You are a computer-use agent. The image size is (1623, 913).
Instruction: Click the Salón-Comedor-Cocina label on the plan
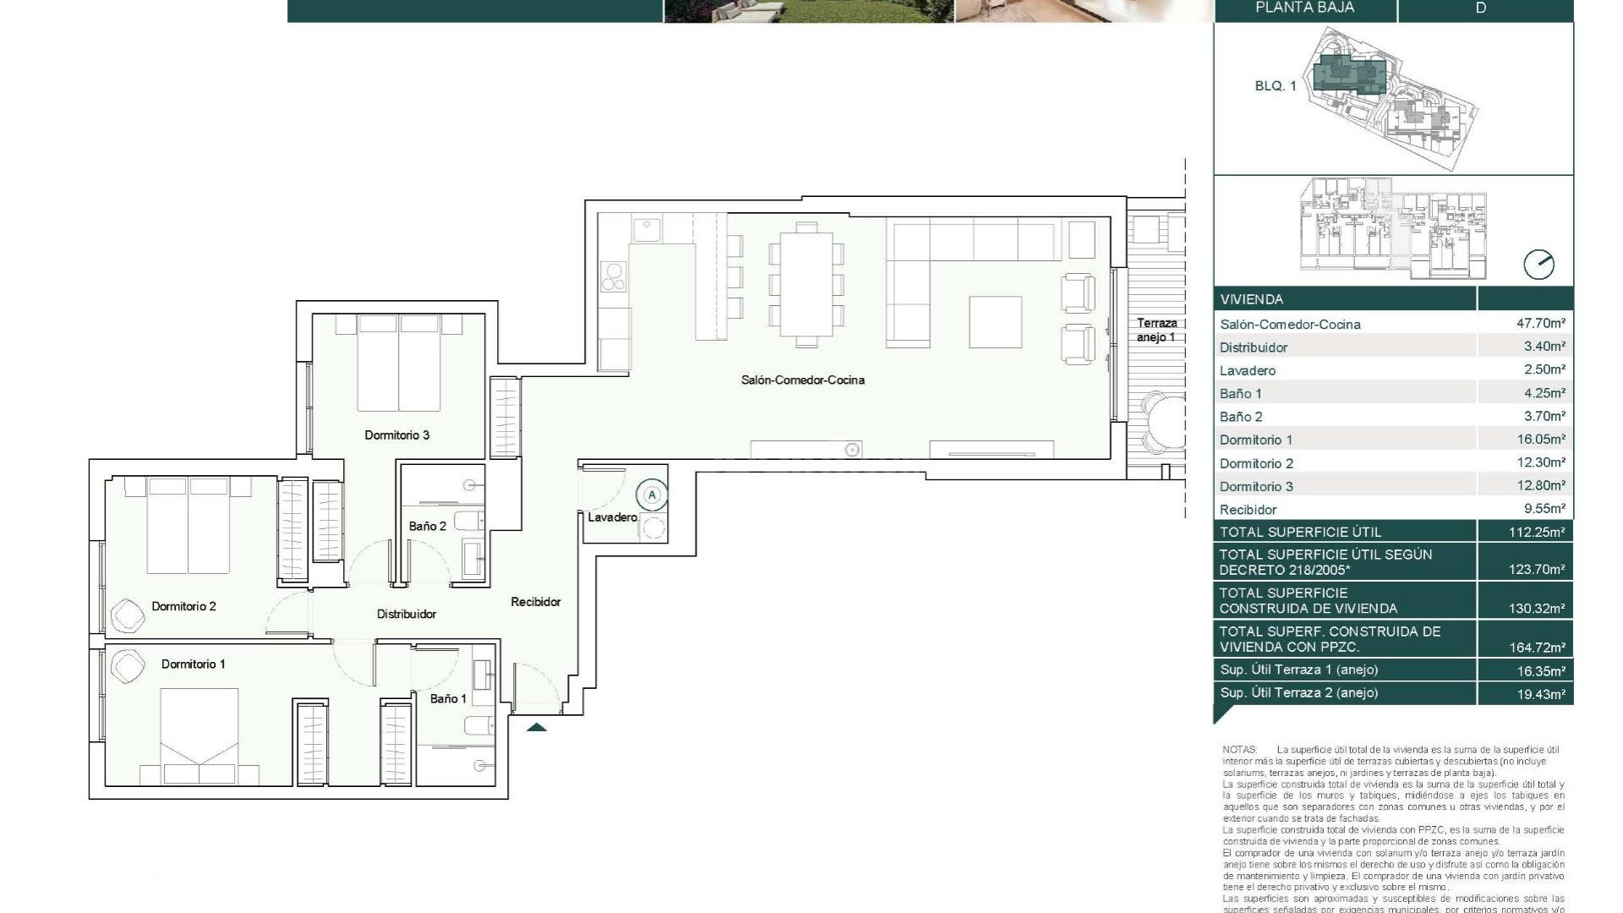point(802,380)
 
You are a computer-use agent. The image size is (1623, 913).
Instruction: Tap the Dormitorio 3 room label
point(396,435)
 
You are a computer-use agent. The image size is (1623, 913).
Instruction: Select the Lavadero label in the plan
point(612,517)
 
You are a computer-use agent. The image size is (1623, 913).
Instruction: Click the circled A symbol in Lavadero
point(651,495)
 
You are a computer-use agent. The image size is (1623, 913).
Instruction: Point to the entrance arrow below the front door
point(536,727)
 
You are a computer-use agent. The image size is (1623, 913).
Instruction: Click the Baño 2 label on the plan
point(427,526)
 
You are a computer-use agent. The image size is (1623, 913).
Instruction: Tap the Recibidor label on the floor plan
point(535,602)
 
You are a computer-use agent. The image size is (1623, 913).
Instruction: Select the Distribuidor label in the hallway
point(406,615)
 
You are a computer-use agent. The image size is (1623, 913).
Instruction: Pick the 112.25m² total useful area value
point(1536,533)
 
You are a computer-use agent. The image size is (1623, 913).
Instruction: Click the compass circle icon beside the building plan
point(1538,265)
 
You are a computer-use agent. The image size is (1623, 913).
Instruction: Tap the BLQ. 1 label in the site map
point(1275,86)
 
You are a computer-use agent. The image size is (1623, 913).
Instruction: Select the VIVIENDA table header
point(1251,299)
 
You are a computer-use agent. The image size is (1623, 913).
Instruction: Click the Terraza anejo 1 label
point(1156,330)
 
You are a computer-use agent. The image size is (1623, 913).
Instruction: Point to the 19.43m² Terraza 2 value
point(1536,693)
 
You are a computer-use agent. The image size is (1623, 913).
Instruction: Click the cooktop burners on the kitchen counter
point(613,276)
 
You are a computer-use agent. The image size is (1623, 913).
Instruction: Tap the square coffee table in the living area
point(995,321)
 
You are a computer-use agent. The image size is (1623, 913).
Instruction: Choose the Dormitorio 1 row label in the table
point(1255,440)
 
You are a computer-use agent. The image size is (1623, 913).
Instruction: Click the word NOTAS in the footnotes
point(1239,750)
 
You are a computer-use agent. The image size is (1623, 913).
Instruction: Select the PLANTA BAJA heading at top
point(1304,8)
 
